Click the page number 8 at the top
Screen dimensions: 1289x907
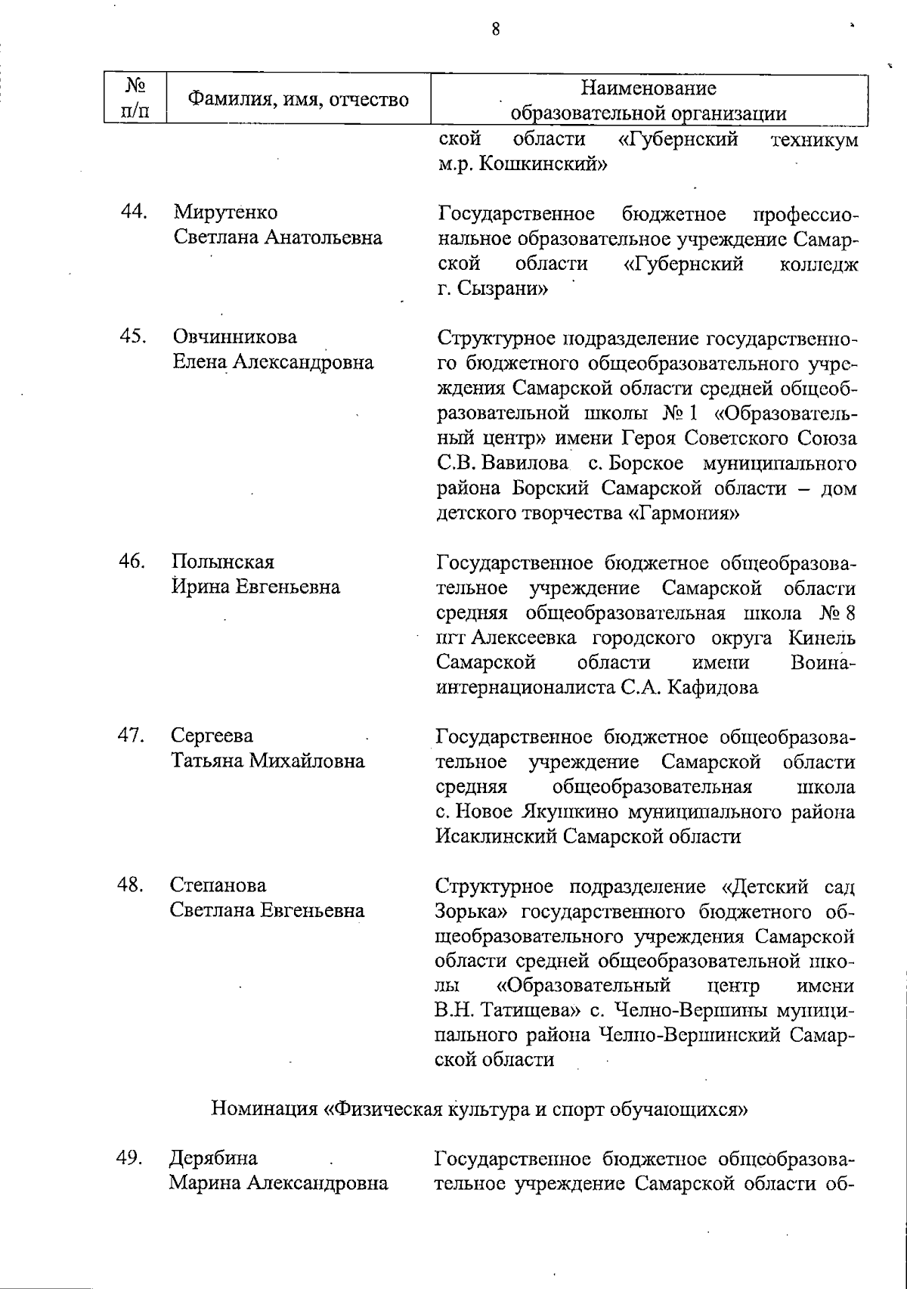[495, 29]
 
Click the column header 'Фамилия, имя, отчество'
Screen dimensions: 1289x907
[298, 99]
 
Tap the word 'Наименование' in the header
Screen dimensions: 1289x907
[648, 88]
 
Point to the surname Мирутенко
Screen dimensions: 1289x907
[225, 212]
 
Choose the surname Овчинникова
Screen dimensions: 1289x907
[235, 337]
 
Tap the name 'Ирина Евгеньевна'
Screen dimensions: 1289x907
[255, 587]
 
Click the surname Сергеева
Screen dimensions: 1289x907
[212, 736]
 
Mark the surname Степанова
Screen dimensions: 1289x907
[218, 885]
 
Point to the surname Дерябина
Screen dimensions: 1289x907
[213, 1159]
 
